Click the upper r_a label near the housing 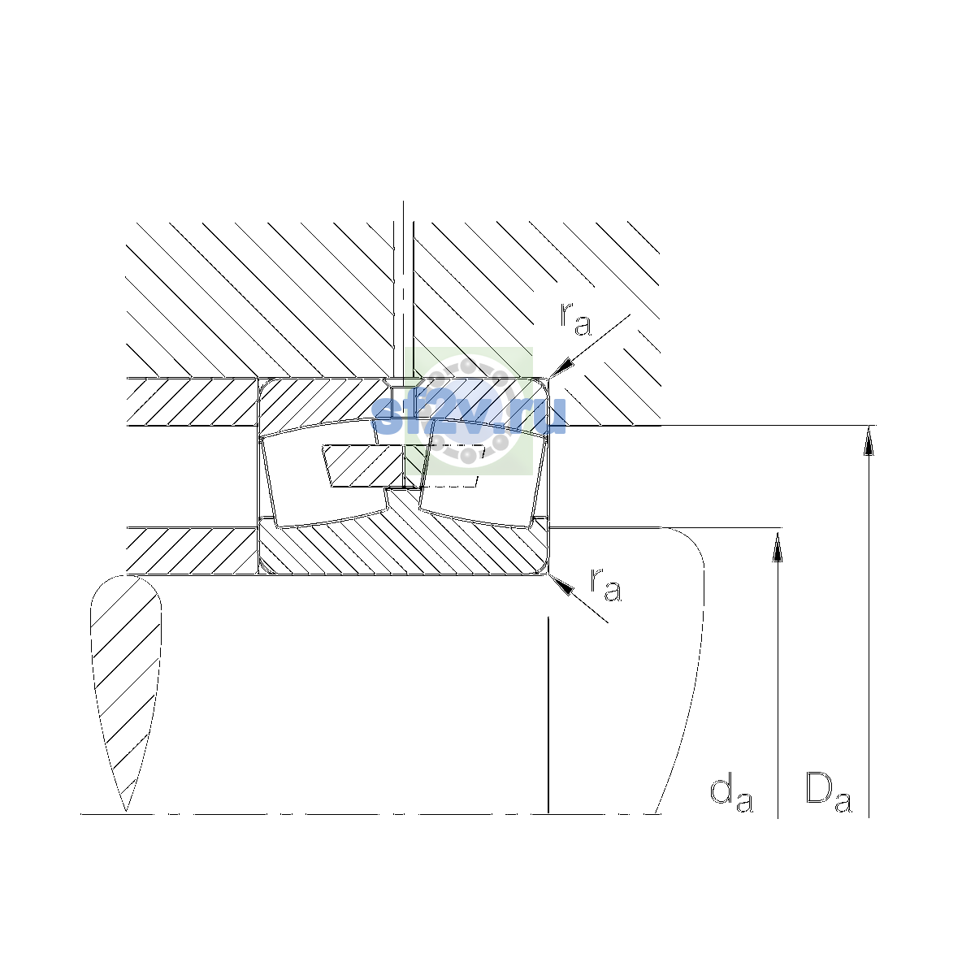(x=575, y=320)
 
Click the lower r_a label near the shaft (x=605, y=585)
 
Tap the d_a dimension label (x=731, y=795)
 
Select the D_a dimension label (x=828, y=792)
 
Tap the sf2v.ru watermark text (x=469, y=417)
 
